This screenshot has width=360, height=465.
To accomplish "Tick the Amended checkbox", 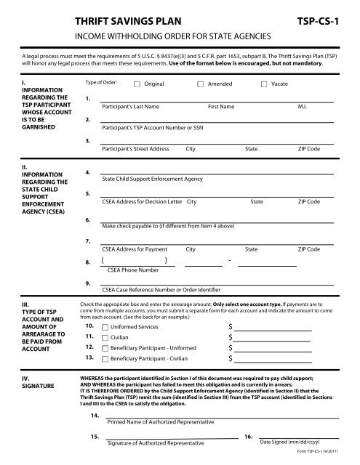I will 201,85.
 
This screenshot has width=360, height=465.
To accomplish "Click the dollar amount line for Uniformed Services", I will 273,328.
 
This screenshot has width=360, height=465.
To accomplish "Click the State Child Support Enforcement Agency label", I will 152,178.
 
